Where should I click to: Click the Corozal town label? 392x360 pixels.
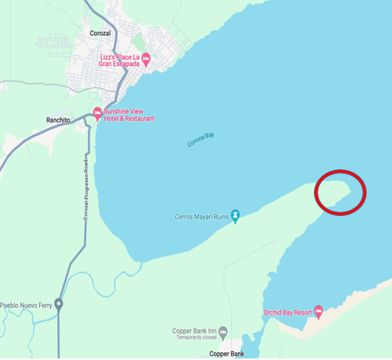click(101, 34)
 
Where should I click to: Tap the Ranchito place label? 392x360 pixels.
click(58, 120)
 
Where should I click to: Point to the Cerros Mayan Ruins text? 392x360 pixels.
click(202, 218)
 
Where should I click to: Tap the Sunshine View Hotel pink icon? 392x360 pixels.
click(97, 114)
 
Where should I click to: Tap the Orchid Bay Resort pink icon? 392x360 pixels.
click(318, 312)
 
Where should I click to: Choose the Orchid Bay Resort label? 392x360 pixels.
click(287, 313)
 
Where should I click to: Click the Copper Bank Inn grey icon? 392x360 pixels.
click(223, 332)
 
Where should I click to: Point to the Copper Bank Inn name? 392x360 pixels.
click(194, 331)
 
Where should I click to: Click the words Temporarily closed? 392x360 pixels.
click(194, 338)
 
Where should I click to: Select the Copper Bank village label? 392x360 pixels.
click(227, 354)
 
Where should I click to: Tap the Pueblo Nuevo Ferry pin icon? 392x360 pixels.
click(59, 304)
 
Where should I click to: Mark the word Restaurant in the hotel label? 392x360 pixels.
click(139, 119)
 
